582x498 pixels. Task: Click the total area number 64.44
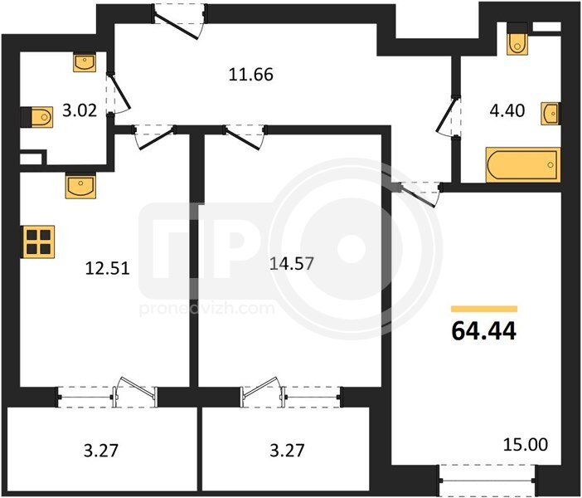[483, 330]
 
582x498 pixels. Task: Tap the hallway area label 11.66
[251, 75]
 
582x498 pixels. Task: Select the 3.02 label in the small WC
[80, 110]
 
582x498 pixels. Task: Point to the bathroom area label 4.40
[507, 110]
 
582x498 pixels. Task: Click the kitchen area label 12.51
[108, 268]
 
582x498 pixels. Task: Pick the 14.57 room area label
[292, 263]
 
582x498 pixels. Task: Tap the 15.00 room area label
[526, 445]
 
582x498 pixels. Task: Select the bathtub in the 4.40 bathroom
[522, 164]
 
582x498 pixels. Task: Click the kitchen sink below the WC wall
[80, 187]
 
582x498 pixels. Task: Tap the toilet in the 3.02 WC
[37, 117]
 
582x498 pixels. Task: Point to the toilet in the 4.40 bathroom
[517, 39]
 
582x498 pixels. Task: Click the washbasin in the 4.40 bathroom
[550, 114]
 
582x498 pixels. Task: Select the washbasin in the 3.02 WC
[85, 62]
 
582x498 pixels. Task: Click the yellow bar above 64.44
[484, 309]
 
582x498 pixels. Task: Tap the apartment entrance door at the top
[179, 22]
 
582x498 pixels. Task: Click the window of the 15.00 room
[487, 481]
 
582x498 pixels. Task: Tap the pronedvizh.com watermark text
[207, 309]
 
